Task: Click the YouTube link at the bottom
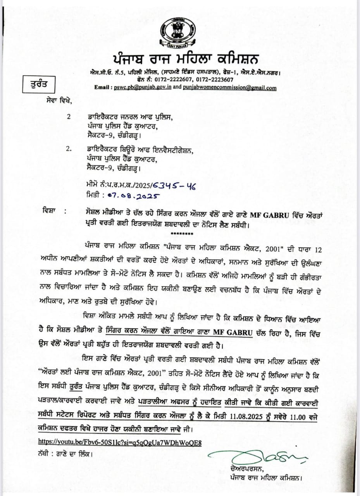coord(120,442)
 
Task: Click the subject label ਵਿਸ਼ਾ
coord(51,212)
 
